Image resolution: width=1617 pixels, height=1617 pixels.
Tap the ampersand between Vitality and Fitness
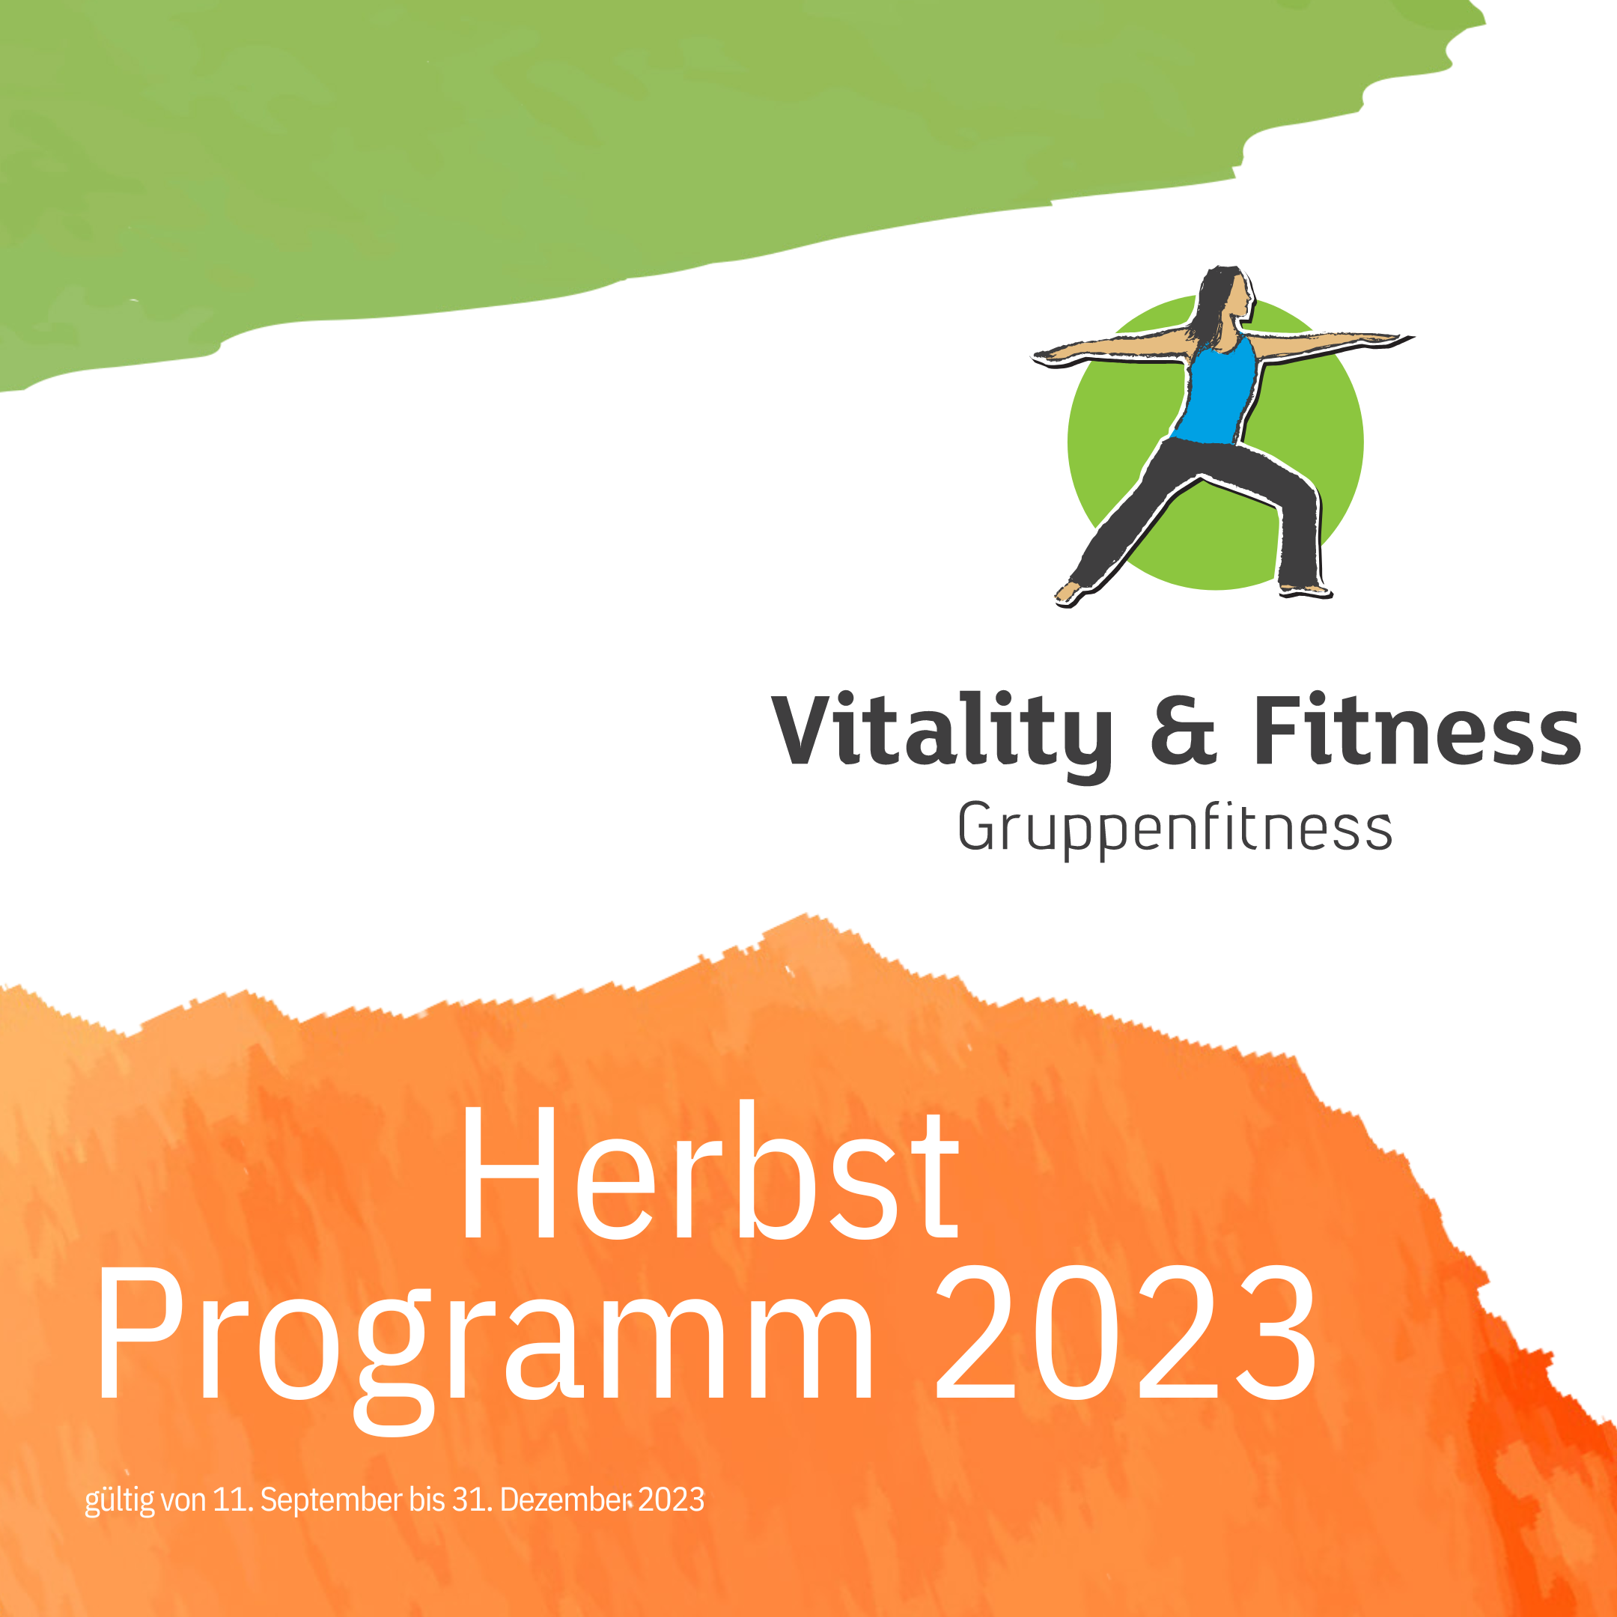point(1184,729)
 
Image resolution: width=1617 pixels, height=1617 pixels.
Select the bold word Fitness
point(1417,728)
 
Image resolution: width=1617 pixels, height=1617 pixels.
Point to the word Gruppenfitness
point(1175,828)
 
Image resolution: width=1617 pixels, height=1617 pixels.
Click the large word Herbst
point(709,1172)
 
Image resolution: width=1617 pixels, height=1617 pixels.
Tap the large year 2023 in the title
point(1126,1332)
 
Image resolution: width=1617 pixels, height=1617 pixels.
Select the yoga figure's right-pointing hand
point(1391,339)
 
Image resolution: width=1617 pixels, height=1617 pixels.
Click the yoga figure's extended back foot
point(1070,594)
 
